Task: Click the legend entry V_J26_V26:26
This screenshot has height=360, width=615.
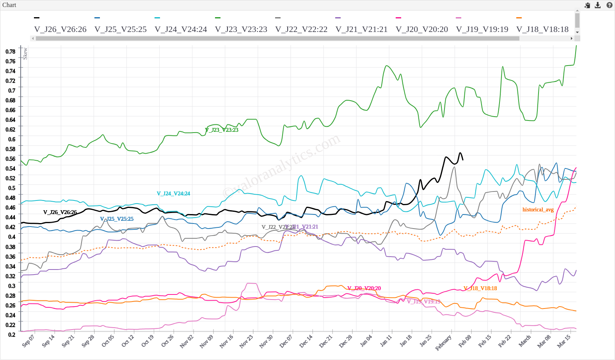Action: pyautogui.click(x=60, y=29)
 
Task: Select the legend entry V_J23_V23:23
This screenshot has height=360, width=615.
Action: pyautogui.click(x=241, y=29)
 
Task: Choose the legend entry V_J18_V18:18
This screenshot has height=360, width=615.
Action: pyautogui.click(x=542, y=29)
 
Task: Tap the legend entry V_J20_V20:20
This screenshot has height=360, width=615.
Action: pyautogui.click(x=421, y=29)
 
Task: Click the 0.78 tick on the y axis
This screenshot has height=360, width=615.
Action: pyautogui.click(x=11, y=51)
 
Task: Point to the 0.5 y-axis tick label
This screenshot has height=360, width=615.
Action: pyautogui.click(x=12, y=188)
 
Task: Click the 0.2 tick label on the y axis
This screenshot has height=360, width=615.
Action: pyautogui.click(x=12, y=335)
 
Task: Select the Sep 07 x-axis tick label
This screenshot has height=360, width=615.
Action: pyautogui.click(x=28, y=340)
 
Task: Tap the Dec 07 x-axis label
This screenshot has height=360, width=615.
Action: pyautogui.click(x=286, y=341)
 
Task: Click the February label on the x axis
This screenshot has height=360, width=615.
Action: pyautogui.click(x=443, y=342)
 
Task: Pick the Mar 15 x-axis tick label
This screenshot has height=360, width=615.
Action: pyautogui.click(x=564, y=341)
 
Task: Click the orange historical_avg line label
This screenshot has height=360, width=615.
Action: pyautogui.click(x=538, y=210)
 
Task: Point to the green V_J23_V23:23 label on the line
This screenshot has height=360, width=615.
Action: pyautogui.click(x=222, y=130)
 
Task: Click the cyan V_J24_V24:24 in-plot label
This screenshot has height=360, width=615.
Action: pyautogui.click(x=173, y=193)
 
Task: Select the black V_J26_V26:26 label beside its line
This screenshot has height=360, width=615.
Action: pyautogui.click(x=60, y=212)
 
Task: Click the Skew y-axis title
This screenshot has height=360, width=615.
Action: pyautogui.click(x=25, y=53)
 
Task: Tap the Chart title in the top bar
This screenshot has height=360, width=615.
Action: pyautogui.click(x=9, y=5)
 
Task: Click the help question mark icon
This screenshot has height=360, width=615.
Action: pyautogui.click(x=609, y=5)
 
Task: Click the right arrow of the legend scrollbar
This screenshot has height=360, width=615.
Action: pyautogui.click(x=572, y=38)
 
